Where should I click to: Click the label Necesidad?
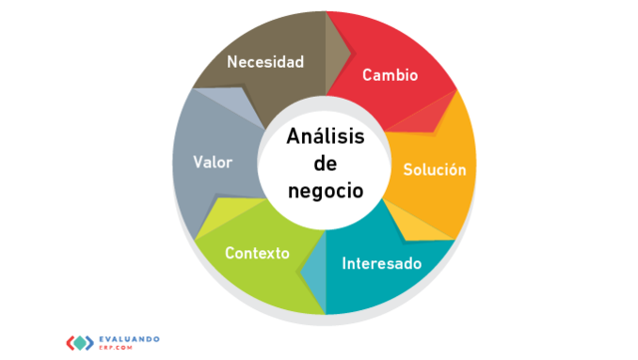coord(265,62)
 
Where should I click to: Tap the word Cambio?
coord(390,75)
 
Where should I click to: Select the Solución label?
coord(435,170)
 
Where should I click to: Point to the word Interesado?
coord(382,264)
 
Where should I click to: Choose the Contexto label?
coord(257,252)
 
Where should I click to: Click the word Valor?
coord(213,162)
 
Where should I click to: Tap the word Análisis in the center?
coord(325,138)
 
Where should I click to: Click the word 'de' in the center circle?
coord(325,164)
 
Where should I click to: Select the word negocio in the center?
coord(325,189)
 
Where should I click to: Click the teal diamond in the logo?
coord(83,342)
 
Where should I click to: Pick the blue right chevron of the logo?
coord(95,342)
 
